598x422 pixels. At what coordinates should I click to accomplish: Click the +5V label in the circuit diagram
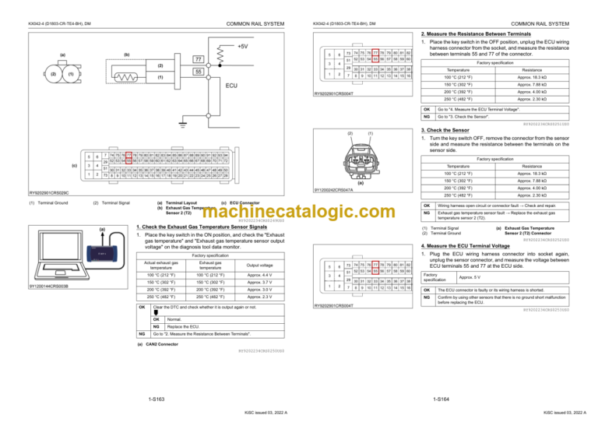tap(243, 46)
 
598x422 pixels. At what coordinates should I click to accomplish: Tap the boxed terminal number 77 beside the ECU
tap(200, 60)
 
